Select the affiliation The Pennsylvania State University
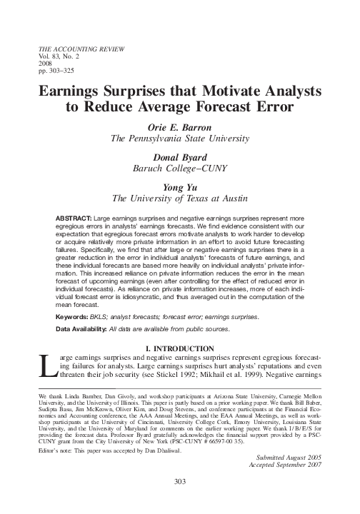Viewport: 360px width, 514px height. [180, 138]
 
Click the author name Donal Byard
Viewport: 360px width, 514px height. [180, 157]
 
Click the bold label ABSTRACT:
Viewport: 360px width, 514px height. [74, 216]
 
